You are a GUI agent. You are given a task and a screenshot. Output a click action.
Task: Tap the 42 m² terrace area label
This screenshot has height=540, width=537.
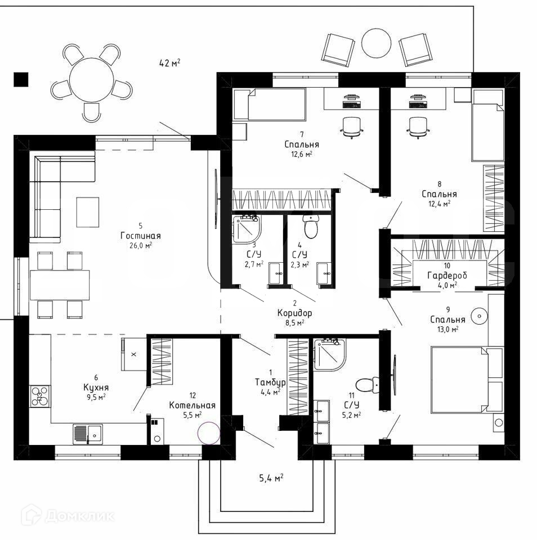point(170,63)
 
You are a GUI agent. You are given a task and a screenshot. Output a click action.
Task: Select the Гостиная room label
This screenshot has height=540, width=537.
point(141,236)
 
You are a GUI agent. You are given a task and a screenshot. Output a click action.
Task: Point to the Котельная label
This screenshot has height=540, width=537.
point(193,405)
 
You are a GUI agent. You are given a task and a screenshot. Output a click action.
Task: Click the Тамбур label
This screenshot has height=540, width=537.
point(270,382)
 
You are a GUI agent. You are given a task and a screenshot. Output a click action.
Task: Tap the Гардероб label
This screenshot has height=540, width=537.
point(447,275)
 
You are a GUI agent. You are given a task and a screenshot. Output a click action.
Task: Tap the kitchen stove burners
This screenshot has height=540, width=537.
point(39,396)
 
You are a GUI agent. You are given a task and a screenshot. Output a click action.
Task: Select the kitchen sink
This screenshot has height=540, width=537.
point(87,434)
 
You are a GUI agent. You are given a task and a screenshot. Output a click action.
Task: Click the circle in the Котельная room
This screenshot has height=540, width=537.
point(208,434)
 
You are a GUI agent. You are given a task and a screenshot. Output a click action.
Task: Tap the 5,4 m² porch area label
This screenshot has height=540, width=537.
point(271,478)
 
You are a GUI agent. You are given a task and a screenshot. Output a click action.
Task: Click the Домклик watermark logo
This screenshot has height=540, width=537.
point(68,515)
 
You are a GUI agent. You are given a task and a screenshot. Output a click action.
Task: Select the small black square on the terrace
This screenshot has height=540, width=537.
point(21,80)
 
